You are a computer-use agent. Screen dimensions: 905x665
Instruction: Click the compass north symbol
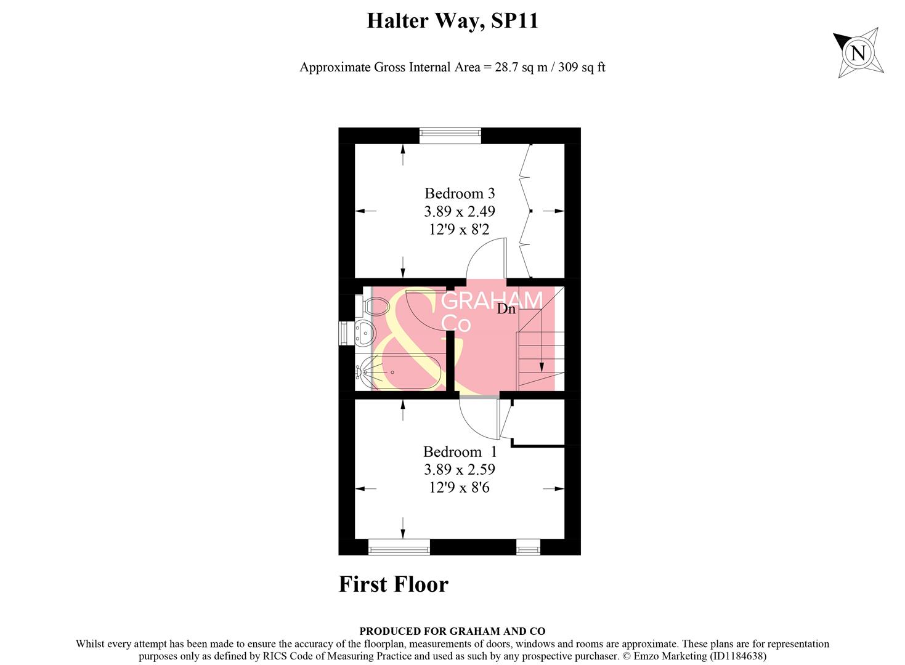point(859,52)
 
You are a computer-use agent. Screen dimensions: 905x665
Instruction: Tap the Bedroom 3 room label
point(460,193)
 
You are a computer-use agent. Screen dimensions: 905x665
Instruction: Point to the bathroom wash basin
point(365,333)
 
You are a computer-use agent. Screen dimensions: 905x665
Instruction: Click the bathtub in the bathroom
point(400,372)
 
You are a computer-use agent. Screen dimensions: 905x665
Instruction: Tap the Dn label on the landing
point(506,309)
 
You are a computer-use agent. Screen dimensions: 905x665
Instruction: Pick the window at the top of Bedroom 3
point(450,135)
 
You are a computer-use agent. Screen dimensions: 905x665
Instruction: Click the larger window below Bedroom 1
point(399,546)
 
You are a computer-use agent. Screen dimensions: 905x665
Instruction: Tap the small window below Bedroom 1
point(528,546)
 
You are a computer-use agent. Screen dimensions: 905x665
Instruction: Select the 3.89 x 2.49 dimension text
point(460,211)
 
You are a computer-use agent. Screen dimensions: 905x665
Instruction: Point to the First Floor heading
point(394,584)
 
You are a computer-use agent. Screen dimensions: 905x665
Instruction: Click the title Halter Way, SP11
point(452,22)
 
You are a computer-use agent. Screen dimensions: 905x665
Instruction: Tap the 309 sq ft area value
point(582,67)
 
